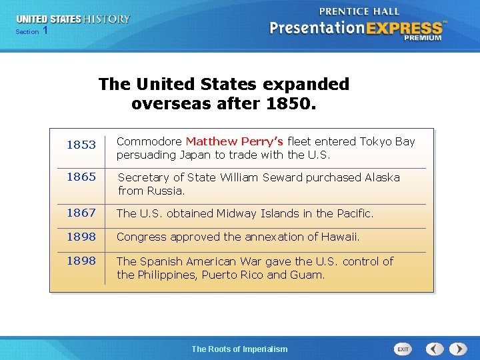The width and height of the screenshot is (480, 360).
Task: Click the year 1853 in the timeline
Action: pyautogui.click(x=81, y=145)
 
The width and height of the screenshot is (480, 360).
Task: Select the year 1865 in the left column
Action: pyautogui.click(x=81, y=177)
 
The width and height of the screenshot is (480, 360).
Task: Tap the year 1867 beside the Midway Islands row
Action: pyautogui.click(x=81, y=213)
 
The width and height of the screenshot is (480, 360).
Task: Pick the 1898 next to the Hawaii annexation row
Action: pyautogui.click(x=81, y=237)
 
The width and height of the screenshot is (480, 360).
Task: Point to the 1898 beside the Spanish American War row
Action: pyautogui.click(x=81, y=261)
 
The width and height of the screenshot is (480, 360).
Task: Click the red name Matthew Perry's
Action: pyautogui.click(x=234, y=141)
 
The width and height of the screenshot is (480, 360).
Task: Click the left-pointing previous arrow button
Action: pyautogui.click(x=435, y=349)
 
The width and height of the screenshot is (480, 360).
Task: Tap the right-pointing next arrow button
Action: pyautogui.click(x=458, y=349)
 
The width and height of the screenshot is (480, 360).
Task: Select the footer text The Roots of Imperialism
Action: pyautogui.click(x=239, y=349)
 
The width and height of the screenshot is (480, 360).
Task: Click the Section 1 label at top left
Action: pyautogui.click(x=31, y=31)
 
